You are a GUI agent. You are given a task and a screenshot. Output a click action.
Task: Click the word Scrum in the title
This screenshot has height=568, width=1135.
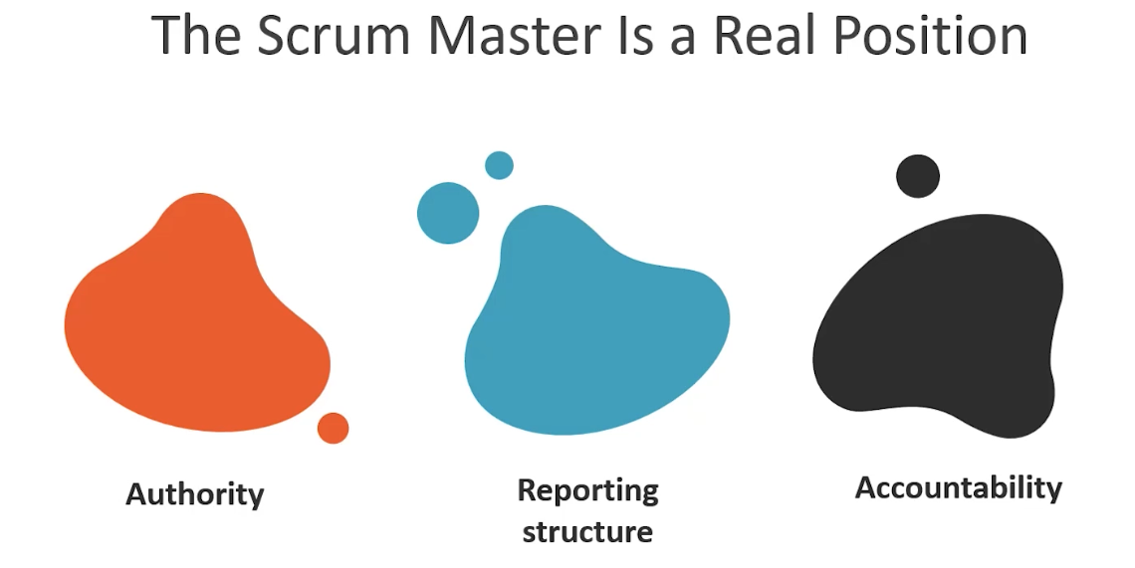321,36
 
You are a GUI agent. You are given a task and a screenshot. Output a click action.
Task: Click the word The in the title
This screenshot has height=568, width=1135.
195,36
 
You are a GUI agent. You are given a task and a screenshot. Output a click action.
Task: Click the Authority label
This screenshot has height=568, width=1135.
195,493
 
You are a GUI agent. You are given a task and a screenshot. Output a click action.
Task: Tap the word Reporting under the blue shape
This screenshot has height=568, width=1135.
587,490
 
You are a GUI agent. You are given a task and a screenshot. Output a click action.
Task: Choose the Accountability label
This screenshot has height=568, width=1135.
959,487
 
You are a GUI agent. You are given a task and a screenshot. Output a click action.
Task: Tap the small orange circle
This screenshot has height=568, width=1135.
333,428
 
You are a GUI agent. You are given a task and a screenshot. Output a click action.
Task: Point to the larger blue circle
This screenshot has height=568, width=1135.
448,213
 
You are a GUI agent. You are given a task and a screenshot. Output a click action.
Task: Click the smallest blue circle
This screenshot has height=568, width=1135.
499,165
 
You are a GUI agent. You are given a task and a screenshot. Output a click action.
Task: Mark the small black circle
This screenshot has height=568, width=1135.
918,176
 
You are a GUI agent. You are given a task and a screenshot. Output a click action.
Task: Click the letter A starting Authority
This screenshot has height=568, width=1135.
136,493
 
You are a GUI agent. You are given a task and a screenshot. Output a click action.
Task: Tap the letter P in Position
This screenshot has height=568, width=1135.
856,36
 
